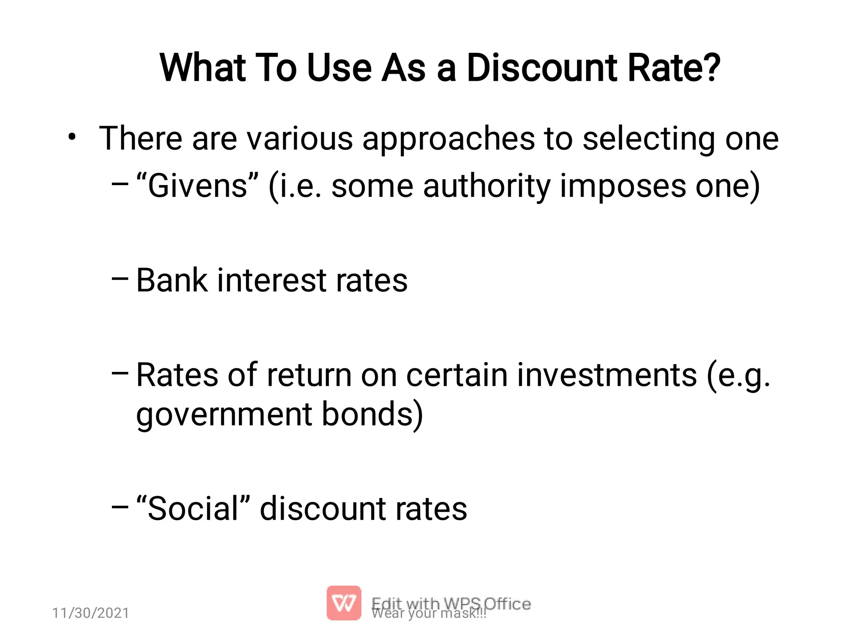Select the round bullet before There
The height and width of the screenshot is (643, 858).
pyautogui.click(x=72, y=137)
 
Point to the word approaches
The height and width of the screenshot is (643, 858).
pyautogui.click(x=448, y=139)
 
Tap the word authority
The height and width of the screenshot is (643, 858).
pyautogui.click(x=486, y=186)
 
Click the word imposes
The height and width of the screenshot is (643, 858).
pyautogui.click(x=623, y=186)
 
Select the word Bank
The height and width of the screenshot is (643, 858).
pyautogui.click(x=172, y=280)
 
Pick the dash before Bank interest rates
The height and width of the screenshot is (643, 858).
pyautogui.click(x=120, y=279)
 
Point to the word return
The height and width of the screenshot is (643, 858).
pyautogui.click(x=309, y=375)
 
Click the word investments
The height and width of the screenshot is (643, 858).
pyautogui.click(x=607, y=375)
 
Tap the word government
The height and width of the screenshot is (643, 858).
pyautogui.click(x=224, y=415)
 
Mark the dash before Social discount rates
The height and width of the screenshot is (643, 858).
pyautogui.click(x=120, y=507)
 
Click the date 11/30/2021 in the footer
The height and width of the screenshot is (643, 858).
pyautogui.click(x=90, y=613)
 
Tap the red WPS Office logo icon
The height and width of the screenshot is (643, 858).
pyautogui.click(x=344, y=603)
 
